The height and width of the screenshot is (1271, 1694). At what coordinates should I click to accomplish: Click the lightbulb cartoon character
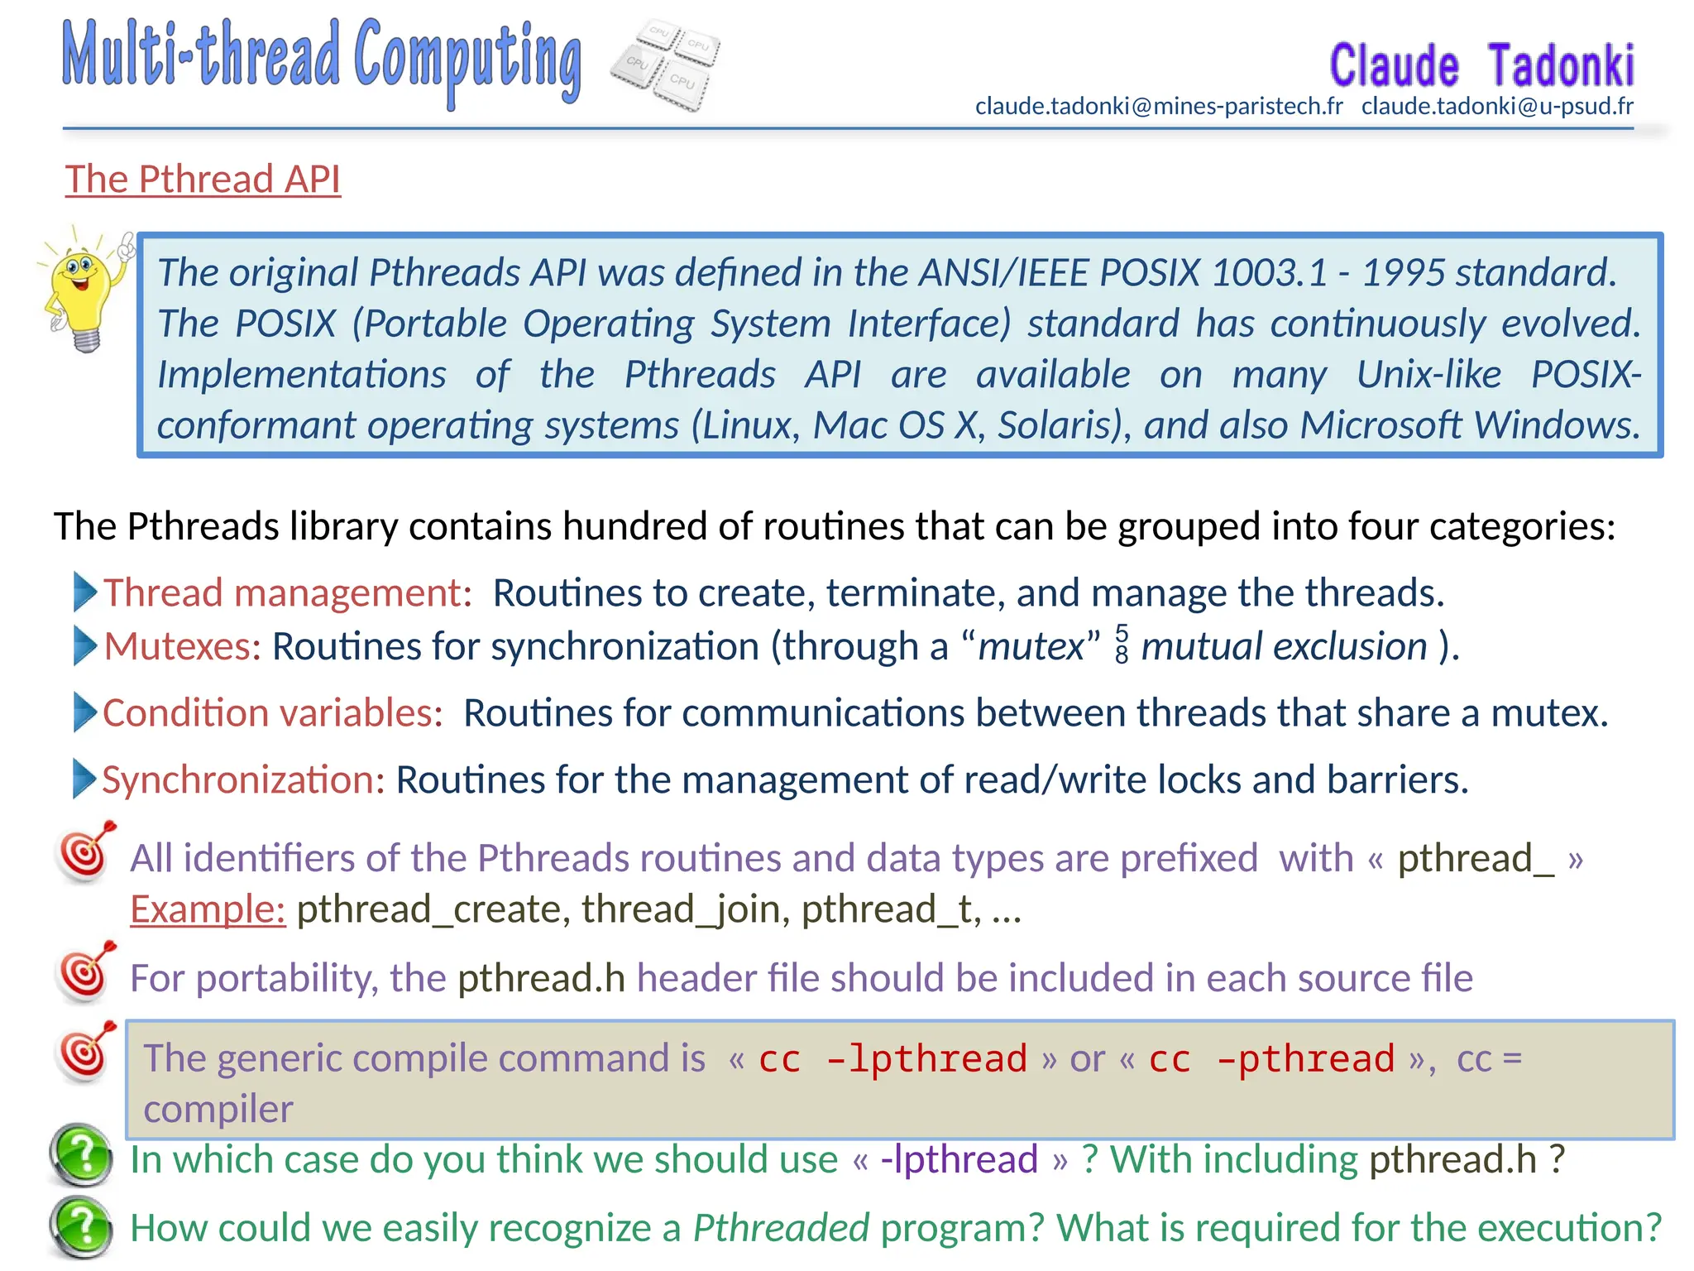pos(83,290)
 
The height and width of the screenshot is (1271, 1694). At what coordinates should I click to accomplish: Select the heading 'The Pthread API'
pos(203,180)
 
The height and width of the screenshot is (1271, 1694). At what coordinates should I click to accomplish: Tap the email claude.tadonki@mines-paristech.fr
pos(1158,107)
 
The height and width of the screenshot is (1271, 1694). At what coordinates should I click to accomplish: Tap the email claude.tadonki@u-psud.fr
pos(1497,107)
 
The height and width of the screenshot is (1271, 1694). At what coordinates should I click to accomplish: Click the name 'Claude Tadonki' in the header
pos(1481,66)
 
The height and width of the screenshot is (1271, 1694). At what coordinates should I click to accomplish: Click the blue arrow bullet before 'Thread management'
pos(85,592)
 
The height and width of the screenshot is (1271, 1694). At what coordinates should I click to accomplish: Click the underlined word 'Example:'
pos(208,909)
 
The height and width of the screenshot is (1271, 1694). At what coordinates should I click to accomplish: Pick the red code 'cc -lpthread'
pos(892,1059)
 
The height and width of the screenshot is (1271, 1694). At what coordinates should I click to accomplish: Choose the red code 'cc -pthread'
pos(1271,1059)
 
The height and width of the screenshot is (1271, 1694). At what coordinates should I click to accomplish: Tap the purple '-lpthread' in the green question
pos(959,1160)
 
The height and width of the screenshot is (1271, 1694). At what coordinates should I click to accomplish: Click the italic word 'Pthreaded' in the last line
pos(781,1228)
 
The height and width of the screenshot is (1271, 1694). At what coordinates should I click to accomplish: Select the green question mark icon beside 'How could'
pos(81,1226)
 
